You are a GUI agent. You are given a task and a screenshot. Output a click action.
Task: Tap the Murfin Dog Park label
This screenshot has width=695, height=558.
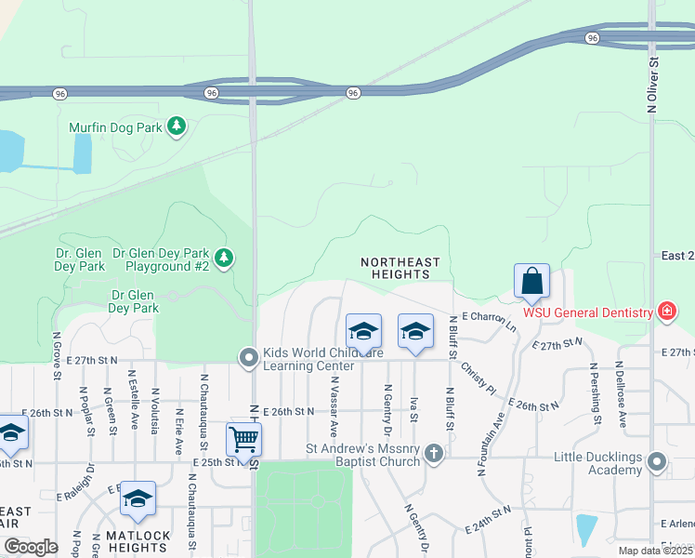(115, 126)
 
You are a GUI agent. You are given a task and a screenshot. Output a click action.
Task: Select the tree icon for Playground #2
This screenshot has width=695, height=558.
(224, 258)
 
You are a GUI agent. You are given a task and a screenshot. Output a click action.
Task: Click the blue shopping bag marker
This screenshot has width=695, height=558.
(531, 281)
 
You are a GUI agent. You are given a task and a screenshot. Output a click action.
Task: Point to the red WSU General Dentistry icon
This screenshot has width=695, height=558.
(666, 312)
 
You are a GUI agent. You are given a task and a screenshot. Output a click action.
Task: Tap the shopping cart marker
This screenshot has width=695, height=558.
(243, 440)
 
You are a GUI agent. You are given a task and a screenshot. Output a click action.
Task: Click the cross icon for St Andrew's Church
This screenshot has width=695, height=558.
(433, 454)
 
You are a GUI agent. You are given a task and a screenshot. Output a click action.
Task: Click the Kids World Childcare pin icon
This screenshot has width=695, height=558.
(247, 357)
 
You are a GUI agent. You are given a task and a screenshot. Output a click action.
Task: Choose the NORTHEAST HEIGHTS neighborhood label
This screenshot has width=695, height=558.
(400, 268)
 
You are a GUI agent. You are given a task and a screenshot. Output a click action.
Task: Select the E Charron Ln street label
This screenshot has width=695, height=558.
(485, 320)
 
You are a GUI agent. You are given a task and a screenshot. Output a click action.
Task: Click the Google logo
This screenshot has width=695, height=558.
(32, 547)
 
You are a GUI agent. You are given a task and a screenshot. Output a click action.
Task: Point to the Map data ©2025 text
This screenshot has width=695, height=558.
(655, 551)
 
